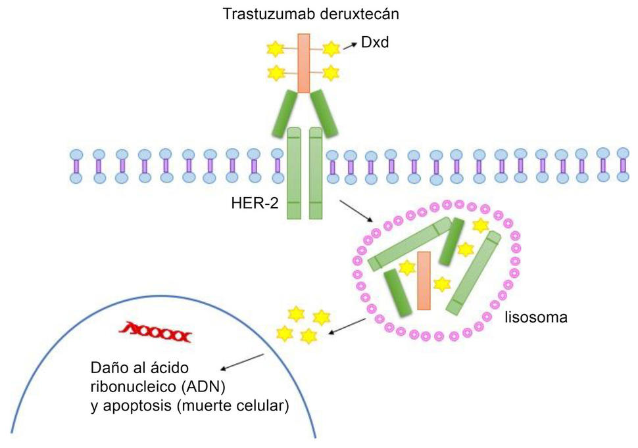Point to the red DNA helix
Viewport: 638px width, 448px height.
coord(157,335)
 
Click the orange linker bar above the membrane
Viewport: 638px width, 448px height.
coord(303,63)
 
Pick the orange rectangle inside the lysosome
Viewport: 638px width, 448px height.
coord(424,280)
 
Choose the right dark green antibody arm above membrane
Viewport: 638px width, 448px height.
coord(323,112)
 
